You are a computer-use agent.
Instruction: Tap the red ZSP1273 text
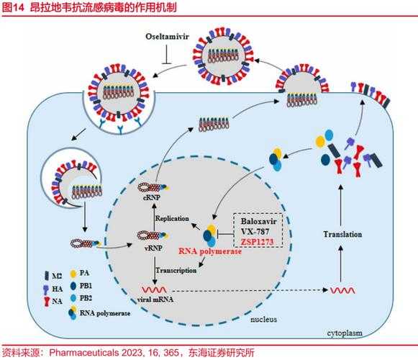pos(260,243)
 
